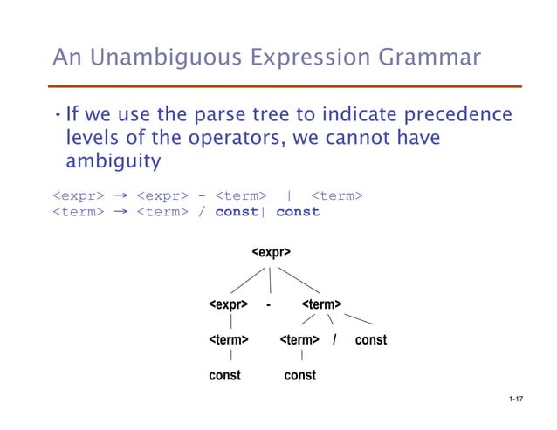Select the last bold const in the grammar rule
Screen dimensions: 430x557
click(x=299, y=212)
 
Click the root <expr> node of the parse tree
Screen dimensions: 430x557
click(x=271, y=253)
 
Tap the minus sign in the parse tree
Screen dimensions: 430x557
click(x=269, y=305)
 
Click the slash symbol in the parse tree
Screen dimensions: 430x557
click(x=335, y=339)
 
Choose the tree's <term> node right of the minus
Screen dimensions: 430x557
click(x=320, y=305)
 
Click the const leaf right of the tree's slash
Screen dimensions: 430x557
click(x=370, y=339)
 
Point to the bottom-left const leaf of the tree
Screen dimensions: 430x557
click(x=224, y=375)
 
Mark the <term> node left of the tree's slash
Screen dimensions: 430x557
click(x=299, y=339)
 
